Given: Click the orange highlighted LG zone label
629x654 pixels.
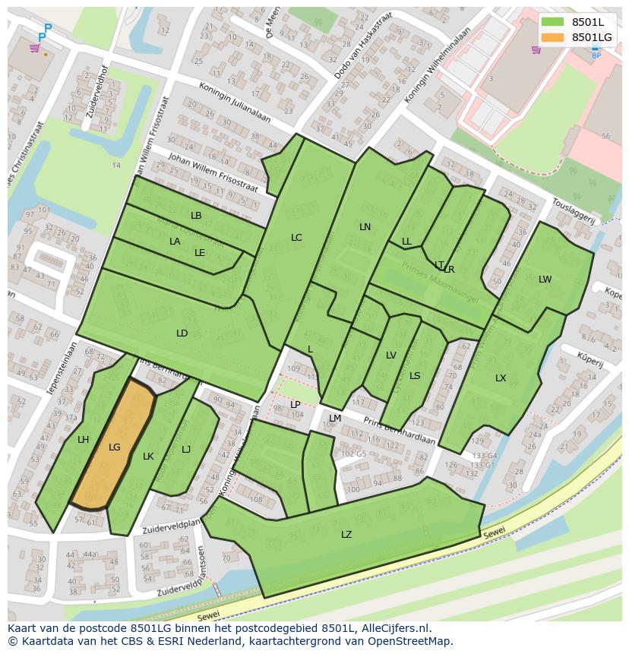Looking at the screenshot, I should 114,447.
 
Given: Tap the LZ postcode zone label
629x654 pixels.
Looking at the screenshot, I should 346,535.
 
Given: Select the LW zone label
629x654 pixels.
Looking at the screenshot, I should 545,280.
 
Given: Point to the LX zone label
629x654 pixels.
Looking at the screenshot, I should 501,378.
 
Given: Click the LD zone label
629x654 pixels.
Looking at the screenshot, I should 182,333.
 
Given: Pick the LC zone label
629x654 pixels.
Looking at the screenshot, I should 296,238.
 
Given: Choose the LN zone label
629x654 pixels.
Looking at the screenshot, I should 365,227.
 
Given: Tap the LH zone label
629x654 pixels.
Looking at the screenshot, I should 83,440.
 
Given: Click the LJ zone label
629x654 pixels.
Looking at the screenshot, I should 186,450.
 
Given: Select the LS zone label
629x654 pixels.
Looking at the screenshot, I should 415,376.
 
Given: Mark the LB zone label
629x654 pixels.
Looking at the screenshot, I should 196,216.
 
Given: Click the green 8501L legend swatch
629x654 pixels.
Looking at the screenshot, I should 552,22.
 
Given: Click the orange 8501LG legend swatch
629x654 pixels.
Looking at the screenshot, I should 552,37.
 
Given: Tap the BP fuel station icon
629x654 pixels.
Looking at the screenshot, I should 596,54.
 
